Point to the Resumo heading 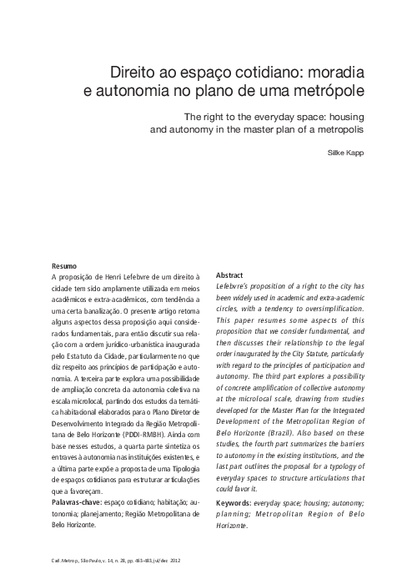tap(64, 266)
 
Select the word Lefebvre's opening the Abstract tap(235, 285)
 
